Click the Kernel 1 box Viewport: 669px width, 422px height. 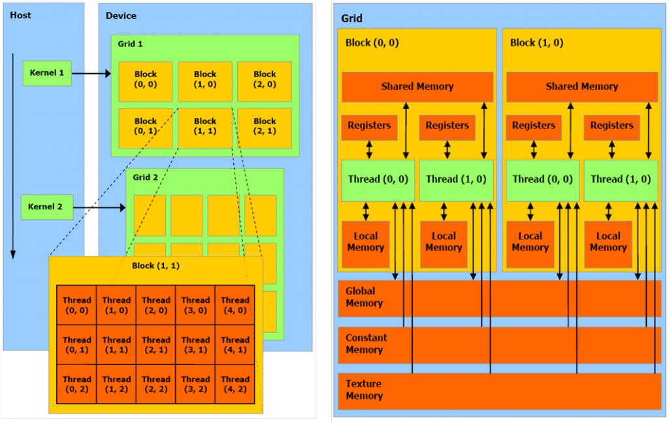46,73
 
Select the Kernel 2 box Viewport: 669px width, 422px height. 46,207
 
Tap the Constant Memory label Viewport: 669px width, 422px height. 366,343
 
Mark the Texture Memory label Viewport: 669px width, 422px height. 364,390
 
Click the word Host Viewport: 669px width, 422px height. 20,14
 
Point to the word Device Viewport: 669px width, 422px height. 122,15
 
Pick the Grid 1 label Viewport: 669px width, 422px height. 130,44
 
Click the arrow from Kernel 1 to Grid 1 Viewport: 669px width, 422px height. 91,73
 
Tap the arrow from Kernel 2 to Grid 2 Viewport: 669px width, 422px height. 98,208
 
